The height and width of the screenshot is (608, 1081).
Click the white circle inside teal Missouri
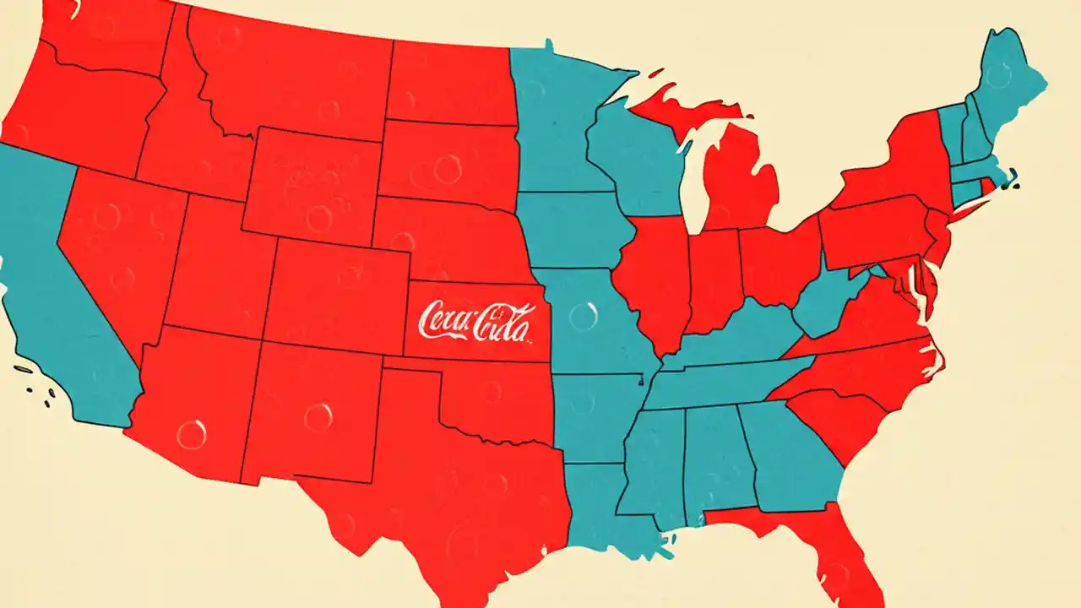(583, 317)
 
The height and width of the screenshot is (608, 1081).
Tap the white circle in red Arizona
(192, 434)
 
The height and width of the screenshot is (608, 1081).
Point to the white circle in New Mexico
(318, 417)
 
